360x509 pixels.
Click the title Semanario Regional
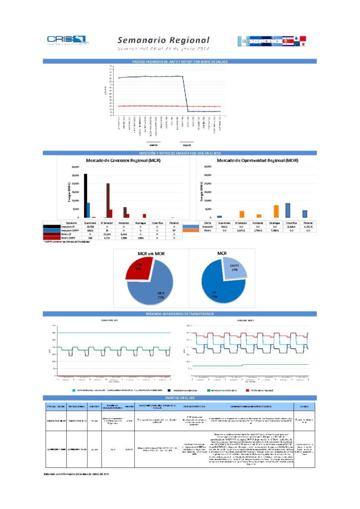(x=164, y=40)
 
